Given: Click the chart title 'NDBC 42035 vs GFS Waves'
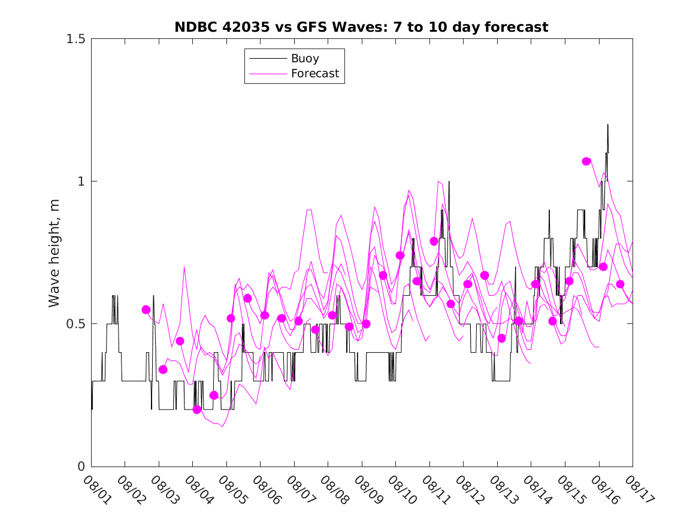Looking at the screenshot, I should click(361, 27).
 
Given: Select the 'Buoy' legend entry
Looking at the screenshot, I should click(305, 59).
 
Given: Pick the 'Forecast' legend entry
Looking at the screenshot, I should click(314, 74).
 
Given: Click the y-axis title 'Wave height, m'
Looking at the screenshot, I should click(55, 252).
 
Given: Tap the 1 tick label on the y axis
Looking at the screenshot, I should click(81, 181).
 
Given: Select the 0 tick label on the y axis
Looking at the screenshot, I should click(81, 467).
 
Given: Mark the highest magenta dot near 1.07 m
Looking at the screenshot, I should click(586, 161).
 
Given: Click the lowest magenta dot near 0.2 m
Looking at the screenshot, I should click(197, 410).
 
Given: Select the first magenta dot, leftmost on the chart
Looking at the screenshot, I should click(146, 310).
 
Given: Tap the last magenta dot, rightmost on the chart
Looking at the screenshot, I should click(620, 284).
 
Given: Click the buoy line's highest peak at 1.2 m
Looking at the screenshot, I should click(608, 125).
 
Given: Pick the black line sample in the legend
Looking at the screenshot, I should click(267, 59).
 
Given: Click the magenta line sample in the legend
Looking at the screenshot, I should click(267, 74).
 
